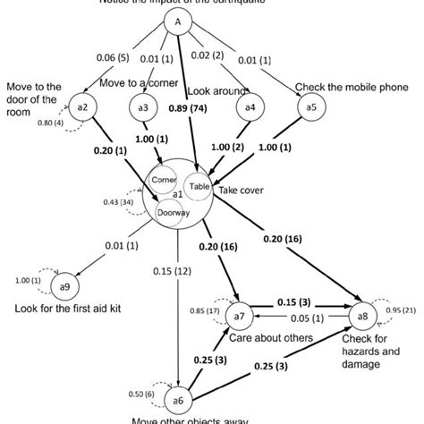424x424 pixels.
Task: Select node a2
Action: pyautogui.click(x=82, y=107)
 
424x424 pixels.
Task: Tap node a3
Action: pyautogui.click(x=142, y=107)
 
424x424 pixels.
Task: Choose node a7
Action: pyautogui.click(x=238, y=316)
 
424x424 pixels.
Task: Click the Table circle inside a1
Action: pyautogui.click(x=198, y=185)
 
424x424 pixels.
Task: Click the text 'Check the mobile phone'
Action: pyautogui.click(x=353, y=88)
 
